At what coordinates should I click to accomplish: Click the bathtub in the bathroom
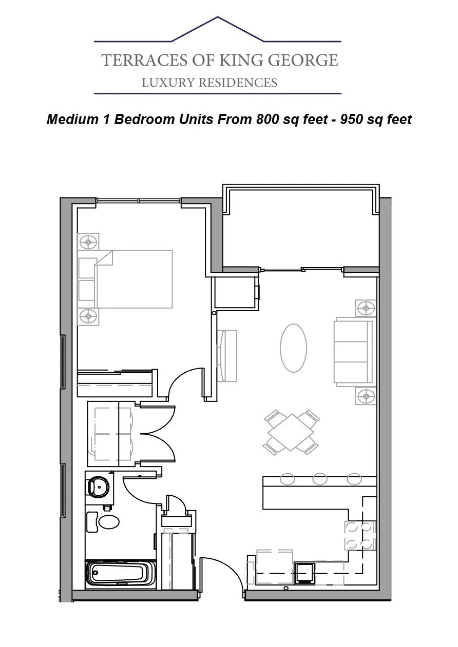pos(120,575)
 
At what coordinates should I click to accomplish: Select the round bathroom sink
pos(98,487)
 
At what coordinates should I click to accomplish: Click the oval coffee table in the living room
pos(293,348)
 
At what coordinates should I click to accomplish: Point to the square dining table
pos(291,432)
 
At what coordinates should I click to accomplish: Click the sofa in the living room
pos(355,352)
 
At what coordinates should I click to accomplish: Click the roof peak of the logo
pos(218,17)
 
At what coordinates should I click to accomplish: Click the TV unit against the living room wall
pos(227,356)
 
